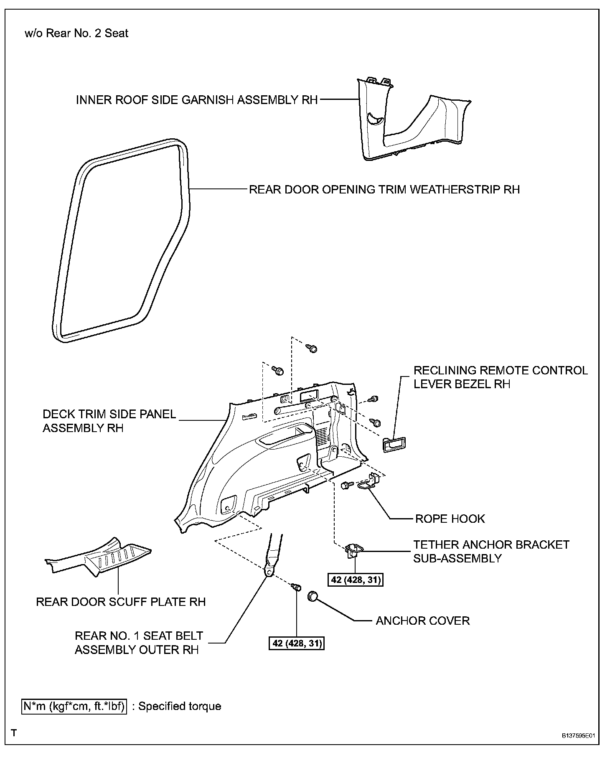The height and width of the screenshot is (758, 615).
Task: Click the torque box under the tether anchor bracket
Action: coord(355,580)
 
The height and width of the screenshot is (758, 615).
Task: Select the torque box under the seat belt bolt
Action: coord(296,643)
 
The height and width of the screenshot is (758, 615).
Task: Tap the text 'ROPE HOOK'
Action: coord(450,519)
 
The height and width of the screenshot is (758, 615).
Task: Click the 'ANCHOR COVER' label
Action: coord(422,621)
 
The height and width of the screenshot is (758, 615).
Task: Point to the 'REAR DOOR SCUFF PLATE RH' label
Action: coord(121,602)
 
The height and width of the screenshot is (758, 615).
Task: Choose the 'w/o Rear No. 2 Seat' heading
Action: coord(76,33)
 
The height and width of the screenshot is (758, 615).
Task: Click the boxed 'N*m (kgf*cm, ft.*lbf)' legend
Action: coord(74,706)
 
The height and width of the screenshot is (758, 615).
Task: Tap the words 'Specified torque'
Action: coord(180,706)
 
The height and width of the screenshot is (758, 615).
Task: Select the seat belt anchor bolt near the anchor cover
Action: coord(297,587)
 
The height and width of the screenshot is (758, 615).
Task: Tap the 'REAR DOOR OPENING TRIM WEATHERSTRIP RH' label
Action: coord(384,189)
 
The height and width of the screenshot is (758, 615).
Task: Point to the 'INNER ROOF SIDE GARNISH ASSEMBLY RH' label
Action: coord(197,100)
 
